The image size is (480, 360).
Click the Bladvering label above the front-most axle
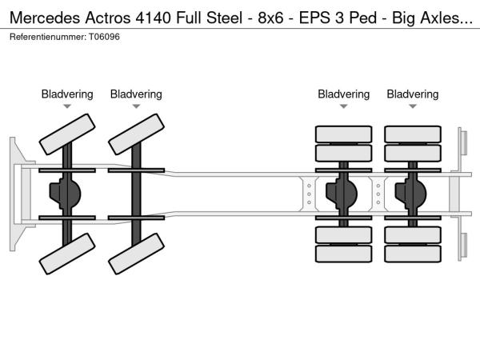pyautogui.click(x=67, y=94)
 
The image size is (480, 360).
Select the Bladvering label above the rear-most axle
pyautogui.click(x=413, y=94)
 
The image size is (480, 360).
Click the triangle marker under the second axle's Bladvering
pyautogui.click(x=136, y=106)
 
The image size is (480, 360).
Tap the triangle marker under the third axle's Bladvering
pyautogui.click(x=344, y=106)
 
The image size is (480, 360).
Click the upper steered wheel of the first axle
pyautogui.click(x=67, y=134)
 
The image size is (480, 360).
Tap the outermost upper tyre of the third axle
pyautogui.click(x=344, y=134)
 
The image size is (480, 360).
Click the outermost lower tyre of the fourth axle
pyautogui.click(x=413, y=254)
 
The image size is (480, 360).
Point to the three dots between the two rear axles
pyautogui.click(x=378, y=193)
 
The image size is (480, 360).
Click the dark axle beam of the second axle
pyautogui.click(x=136, y=193)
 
